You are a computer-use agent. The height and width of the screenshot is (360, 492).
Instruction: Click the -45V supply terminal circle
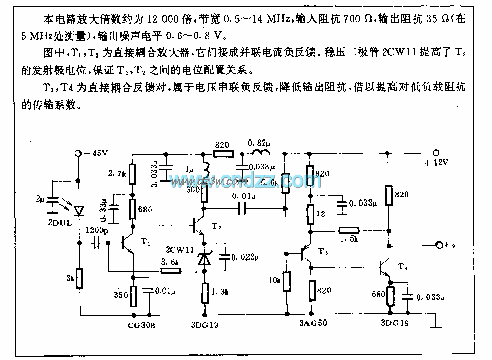(x=78, y=153)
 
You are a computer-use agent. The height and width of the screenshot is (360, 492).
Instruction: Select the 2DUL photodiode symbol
(x=78, y=210)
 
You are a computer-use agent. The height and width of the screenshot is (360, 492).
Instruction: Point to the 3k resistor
(x=80, y=279)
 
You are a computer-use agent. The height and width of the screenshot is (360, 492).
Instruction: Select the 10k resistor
(x=285, y=281)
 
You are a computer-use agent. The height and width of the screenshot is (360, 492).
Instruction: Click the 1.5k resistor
(x=348, y=231)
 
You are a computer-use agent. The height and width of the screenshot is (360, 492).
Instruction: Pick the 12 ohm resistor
(x=310, y=213)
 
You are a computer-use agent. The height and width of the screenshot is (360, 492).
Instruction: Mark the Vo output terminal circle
(x=439, y=245)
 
